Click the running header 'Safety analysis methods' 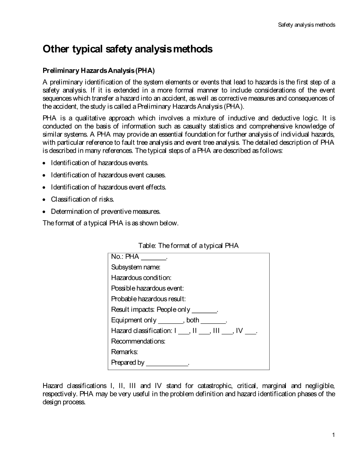click(x=306, y=25)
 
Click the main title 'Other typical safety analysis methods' click(x=127, y=49)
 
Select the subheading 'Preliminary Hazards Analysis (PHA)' click(x=99, y=71)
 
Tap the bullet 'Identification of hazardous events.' click(x=99, y=163)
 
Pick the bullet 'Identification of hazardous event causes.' click(x=108, y=175)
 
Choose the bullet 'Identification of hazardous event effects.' click(x=109, y=187)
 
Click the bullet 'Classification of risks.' click(x=82, y=199)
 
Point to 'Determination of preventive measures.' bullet click(x=106, y=211)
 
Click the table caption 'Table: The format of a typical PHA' click(x=188, y=246)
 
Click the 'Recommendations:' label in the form click(x=138, y=341)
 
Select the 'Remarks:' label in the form click(x=124, y=352)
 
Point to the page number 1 click(x=333, y=435)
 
